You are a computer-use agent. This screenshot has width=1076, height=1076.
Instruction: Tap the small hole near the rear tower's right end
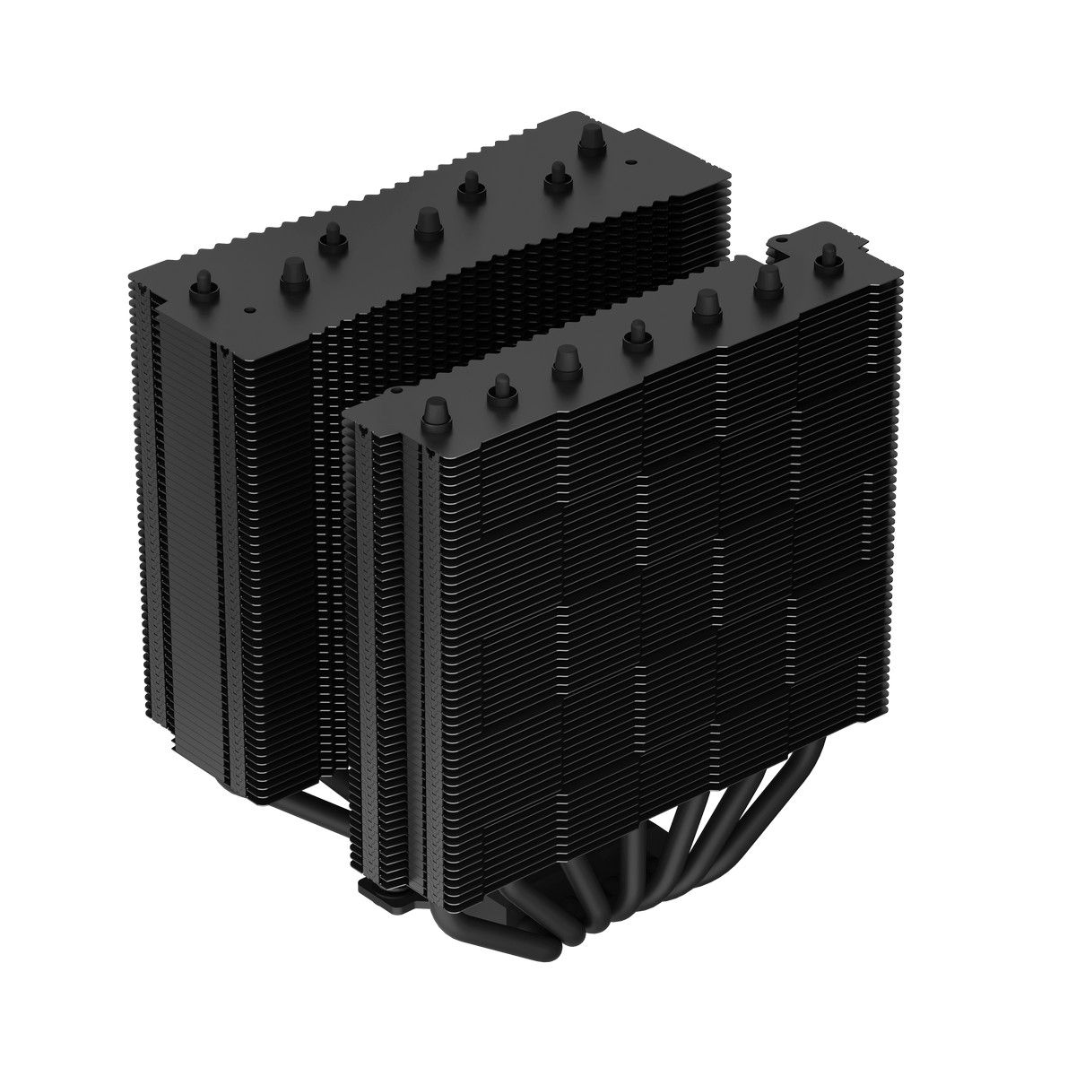click(x=628, y=162)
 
